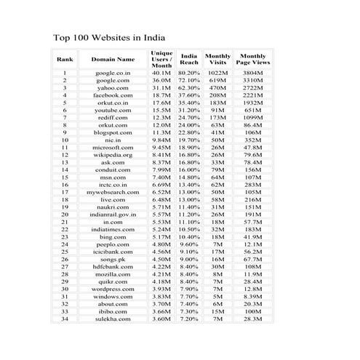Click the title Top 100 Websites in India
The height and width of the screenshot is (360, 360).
109,37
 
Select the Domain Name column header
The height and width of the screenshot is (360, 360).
113,59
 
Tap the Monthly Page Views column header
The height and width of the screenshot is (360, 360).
253,59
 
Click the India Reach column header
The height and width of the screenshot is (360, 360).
189,59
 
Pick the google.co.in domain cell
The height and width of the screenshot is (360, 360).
113,73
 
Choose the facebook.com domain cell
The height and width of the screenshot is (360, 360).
113,95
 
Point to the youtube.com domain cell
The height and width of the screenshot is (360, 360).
113,110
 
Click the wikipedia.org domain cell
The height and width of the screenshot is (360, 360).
113,154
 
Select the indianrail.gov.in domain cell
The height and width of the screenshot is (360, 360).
113,215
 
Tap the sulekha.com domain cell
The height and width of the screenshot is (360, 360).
113,319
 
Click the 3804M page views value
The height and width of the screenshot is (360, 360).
253,73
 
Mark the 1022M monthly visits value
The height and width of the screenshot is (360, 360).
218,73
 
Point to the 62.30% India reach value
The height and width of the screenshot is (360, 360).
189,88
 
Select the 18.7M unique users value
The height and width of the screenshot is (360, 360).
161,95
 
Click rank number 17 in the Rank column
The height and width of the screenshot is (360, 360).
65,192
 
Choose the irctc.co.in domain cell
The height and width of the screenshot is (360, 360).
113,185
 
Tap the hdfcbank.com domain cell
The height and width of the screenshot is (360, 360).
113,266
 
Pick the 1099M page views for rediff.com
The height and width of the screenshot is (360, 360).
253,117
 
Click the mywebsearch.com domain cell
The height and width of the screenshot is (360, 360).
113,192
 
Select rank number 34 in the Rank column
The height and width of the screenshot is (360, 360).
65,319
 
